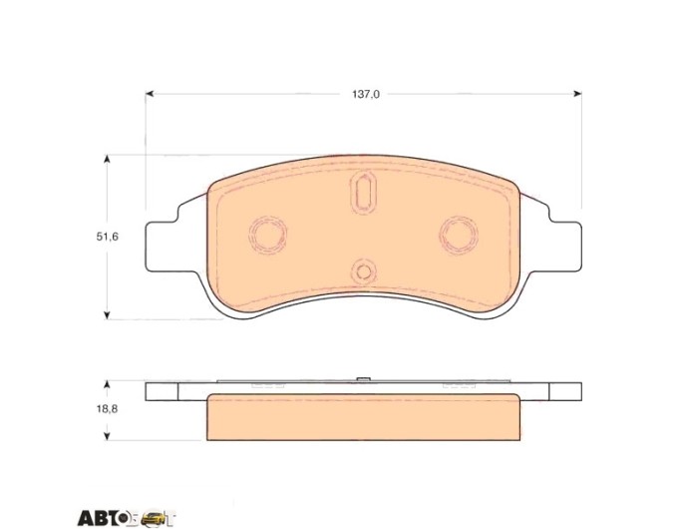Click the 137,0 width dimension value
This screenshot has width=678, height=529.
click(365, 94)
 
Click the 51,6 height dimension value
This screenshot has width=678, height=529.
click(108, 237)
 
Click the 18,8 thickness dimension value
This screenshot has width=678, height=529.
click(108, 408)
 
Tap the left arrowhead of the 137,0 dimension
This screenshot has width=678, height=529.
click(150, 94)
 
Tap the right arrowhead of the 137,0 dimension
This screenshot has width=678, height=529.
click(577, 94)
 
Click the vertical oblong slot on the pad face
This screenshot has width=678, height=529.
click(363, 192)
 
